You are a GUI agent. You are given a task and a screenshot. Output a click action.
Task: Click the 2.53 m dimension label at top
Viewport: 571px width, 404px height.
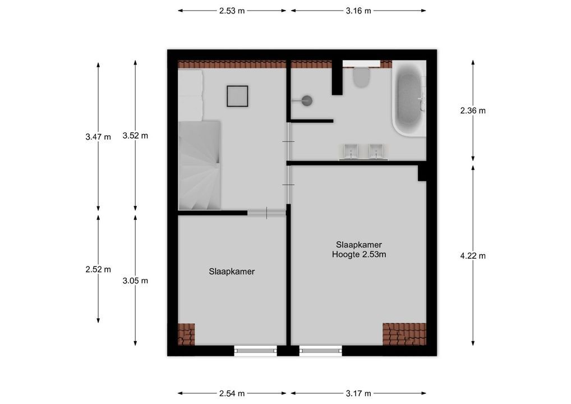(232, 11)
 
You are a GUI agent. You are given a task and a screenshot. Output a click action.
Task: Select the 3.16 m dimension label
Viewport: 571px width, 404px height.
(358, 11)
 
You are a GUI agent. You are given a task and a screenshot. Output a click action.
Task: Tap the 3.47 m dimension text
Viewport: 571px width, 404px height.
(98, 136)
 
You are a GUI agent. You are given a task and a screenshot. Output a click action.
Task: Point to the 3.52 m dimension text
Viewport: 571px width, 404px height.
(135, 135)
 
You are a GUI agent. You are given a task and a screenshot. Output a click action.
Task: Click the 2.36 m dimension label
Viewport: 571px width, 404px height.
(473, 111)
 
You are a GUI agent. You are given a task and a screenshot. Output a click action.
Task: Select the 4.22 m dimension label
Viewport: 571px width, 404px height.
(473, 255)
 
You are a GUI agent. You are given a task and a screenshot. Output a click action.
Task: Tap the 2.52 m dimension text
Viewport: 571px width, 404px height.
(98, 269)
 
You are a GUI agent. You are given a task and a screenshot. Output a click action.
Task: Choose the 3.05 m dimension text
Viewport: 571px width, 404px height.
(135, 281)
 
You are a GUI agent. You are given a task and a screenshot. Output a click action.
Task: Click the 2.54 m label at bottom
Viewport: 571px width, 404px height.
(232, 393)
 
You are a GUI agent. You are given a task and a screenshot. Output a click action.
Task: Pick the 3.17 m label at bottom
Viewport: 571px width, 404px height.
(358, 393)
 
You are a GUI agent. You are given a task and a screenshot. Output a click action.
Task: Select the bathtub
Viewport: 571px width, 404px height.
(408, 98)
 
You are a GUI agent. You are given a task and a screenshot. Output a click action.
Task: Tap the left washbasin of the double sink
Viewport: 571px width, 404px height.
(351, 150)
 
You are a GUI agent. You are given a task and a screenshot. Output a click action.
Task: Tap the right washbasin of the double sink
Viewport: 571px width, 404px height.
(376, 150)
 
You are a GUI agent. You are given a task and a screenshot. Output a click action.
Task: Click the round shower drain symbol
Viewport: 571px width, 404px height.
(306, 101)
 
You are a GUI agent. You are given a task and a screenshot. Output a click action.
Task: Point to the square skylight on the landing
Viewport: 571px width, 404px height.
(237, 96)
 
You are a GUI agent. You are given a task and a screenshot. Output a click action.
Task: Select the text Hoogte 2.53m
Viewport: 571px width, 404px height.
(358, 254)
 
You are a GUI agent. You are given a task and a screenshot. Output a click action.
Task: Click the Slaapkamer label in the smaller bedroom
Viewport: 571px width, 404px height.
(232, 272)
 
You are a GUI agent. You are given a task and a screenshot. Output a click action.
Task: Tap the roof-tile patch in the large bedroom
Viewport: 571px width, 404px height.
(404, 334)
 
